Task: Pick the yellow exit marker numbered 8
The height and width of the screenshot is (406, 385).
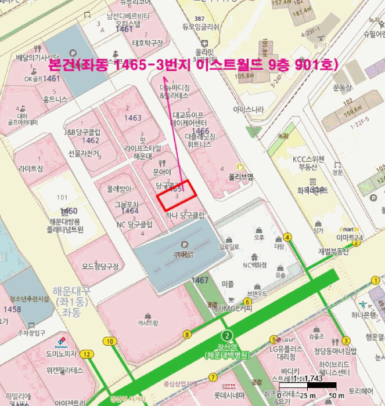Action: click(x=187, y=334)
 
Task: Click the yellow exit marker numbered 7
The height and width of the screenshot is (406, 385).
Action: click(x=213, y=378)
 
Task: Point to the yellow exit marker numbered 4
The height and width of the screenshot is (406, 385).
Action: click(x=287, y=237)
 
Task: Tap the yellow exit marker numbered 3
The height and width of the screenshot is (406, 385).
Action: click(x=346, y=340)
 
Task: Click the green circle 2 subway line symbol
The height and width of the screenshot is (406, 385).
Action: click(x=228, y=335)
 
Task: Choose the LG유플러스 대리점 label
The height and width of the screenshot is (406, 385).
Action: click(x=285, y=353)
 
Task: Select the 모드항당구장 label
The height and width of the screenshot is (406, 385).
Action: click(x=100, y=267)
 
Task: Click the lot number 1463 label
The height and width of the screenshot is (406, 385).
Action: click(x=132, y=118)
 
